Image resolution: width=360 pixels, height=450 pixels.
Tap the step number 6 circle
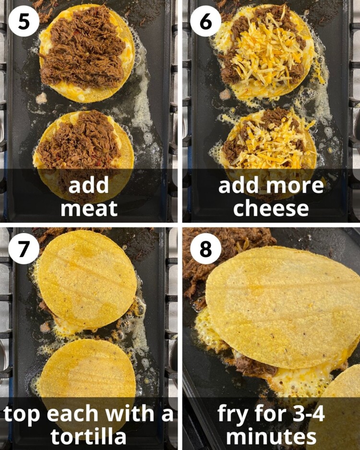click(205, 21)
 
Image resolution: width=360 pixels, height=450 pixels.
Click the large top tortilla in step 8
click(283, 307)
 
